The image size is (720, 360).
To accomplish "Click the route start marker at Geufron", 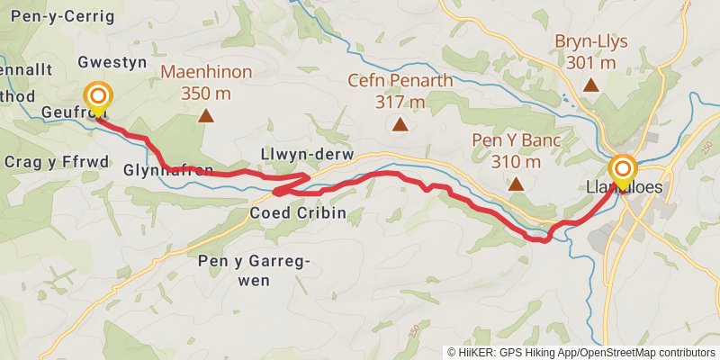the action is [x=97, y=96].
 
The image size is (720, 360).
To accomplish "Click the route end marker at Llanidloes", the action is [x=623, y=169].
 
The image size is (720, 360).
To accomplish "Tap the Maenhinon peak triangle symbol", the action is [x=206, y=115].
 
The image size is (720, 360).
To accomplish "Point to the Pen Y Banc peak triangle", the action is [x=516, y=184].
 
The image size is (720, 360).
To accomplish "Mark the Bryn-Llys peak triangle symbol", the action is [x=591, y=85].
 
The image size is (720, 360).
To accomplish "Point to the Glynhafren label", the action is [x=168, y=170].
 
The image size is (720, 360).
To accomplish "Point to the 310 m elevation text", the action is [x=516, y=162].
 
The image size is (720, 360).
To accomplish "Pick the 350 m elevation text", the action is [x=206, y=93].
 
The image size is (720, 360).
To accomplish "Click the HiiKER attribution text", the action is [x=580, y=353].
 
